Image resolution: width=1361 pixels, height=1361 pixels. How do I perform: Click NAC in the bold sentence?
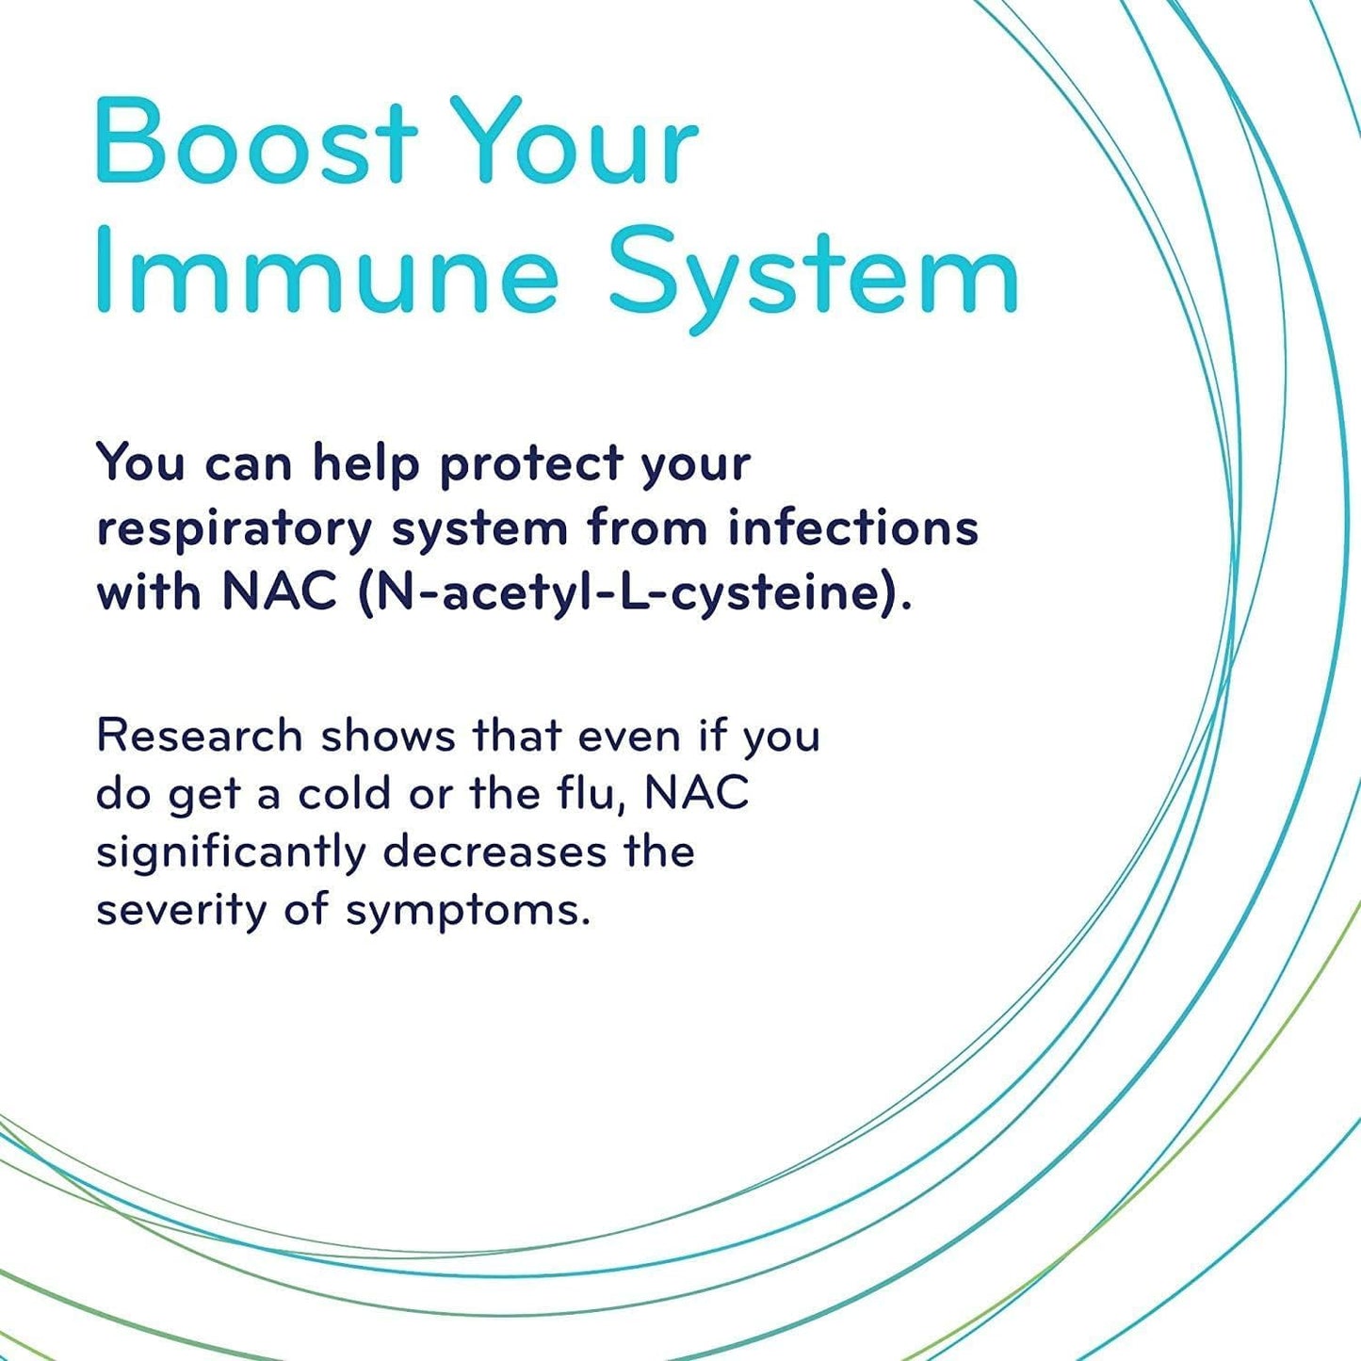[279, 593]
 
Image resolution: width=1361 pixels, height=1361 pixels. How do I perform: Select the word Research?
[199, 736]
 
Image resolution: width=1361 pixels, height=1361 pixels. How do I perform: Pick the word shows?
[388, 736]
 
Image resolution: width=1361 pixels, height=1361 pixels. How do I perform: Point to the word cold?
[345, 794]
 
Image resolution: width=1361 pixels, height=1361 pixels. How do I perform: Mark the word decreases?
[495, 851]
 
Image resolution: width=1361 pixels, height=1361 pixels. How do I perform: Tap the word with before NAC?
[149, 593]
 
